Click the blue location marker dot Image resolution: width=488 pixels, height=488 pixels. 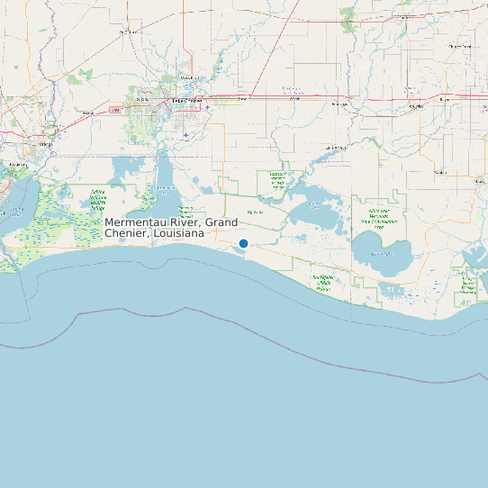243,243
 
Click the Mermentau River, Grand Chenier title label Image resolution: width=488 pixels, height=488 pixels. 171,228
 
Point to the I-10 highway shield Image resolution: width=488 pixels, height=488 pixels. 115,110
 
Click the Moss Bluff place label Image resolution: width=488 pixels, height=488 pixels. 187,78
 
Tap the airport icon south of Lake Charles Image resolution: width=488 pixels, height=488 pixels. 185,136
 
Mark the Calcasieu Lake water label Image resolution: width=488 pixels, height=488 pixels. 166,190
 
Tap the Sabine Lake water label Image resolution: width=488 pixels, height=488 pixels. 16,212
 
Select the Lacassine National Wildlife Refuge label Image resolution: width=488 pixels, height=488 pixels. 276,180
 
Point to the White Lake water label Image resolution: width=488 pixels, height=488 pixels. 382,254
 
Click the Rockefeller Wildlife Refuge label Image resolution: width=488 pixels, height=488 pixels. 324,284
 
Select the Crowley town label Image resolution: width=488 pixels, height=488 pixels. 416,106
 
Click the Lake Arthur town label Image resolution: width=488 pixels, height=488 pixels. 335,147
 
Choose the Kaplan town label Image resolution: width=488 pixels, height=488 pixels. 440,171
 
